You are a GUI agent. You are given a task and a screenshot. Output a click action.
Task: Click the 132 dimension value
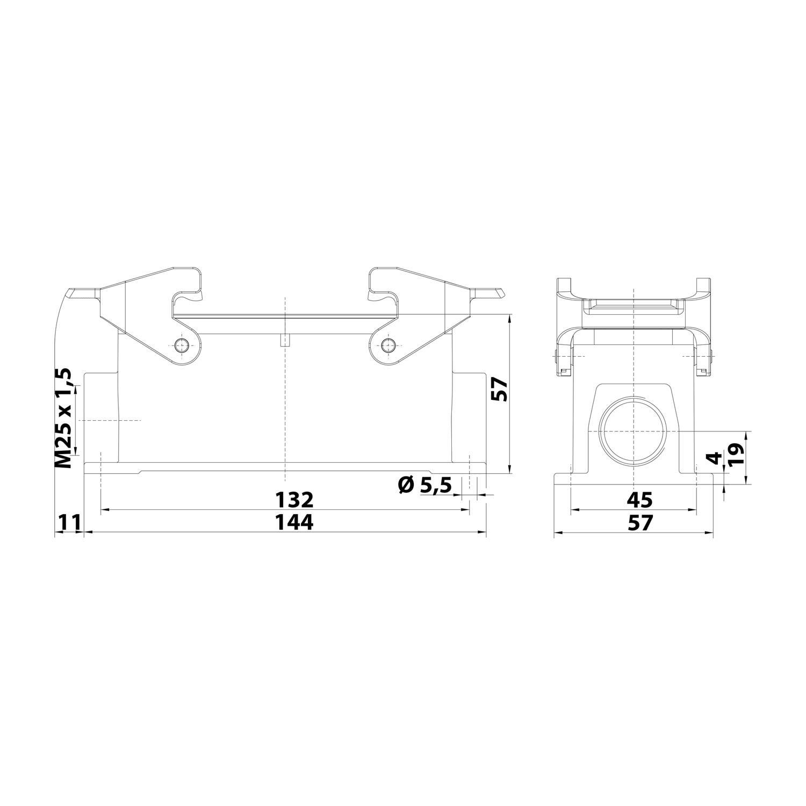pyautogui.click(x=294, y=500)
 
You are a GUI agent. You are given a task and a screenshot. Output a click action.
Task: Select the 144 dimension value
pyautogui.click(x=294, y=522)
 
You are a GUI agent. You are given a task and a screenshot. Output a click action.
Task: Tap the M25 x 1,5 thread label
pyautogui.click(x=64, y=418)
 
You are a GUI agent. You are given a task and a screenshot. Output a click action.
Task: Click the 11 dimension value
pyautogui.click(x=69, y=522)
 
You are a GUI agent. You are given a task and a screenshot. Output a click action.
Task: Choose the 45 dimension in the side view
pyautogui.click(x=640, y=500)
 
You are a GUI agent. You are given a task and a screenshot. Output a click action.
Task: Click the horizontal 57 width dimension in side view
pyautogui.click(x=640, y=522)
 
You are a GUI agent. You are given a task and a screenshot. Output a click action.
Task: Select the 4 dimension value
pyautogui.click(x=714, y=458)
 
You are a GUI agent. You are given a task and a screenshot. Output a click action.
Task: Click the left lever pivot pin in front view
pyautogui.click(x=183, y=346)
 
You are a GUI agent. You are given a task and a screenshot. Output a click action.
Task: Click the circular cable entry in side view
pyautogui.click(x=634, y=430)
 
